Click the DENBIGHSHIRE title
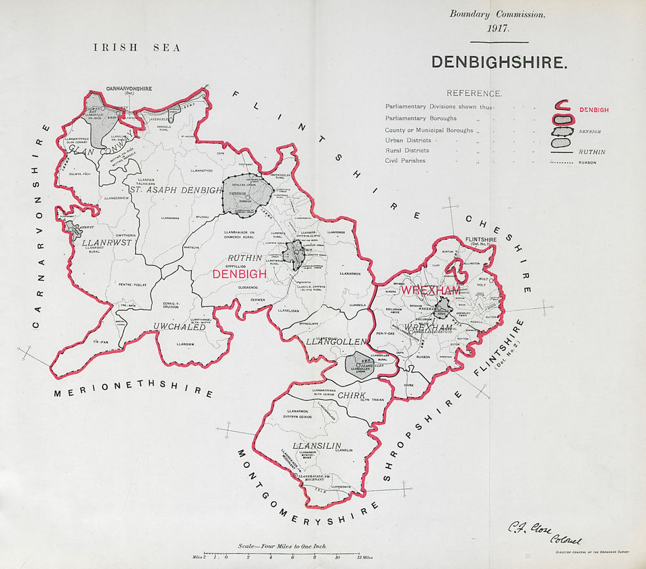499,62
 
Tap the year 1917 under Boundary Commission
499,29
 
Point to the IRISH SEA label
137,48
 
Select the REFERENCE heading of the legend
474,94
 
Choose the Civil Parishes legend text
405,160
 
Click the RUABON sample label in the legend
587,163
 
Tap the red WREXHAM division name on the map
431,291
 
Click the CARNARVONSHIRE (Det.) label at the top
128,89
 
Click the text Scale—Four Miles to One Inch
282,546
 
